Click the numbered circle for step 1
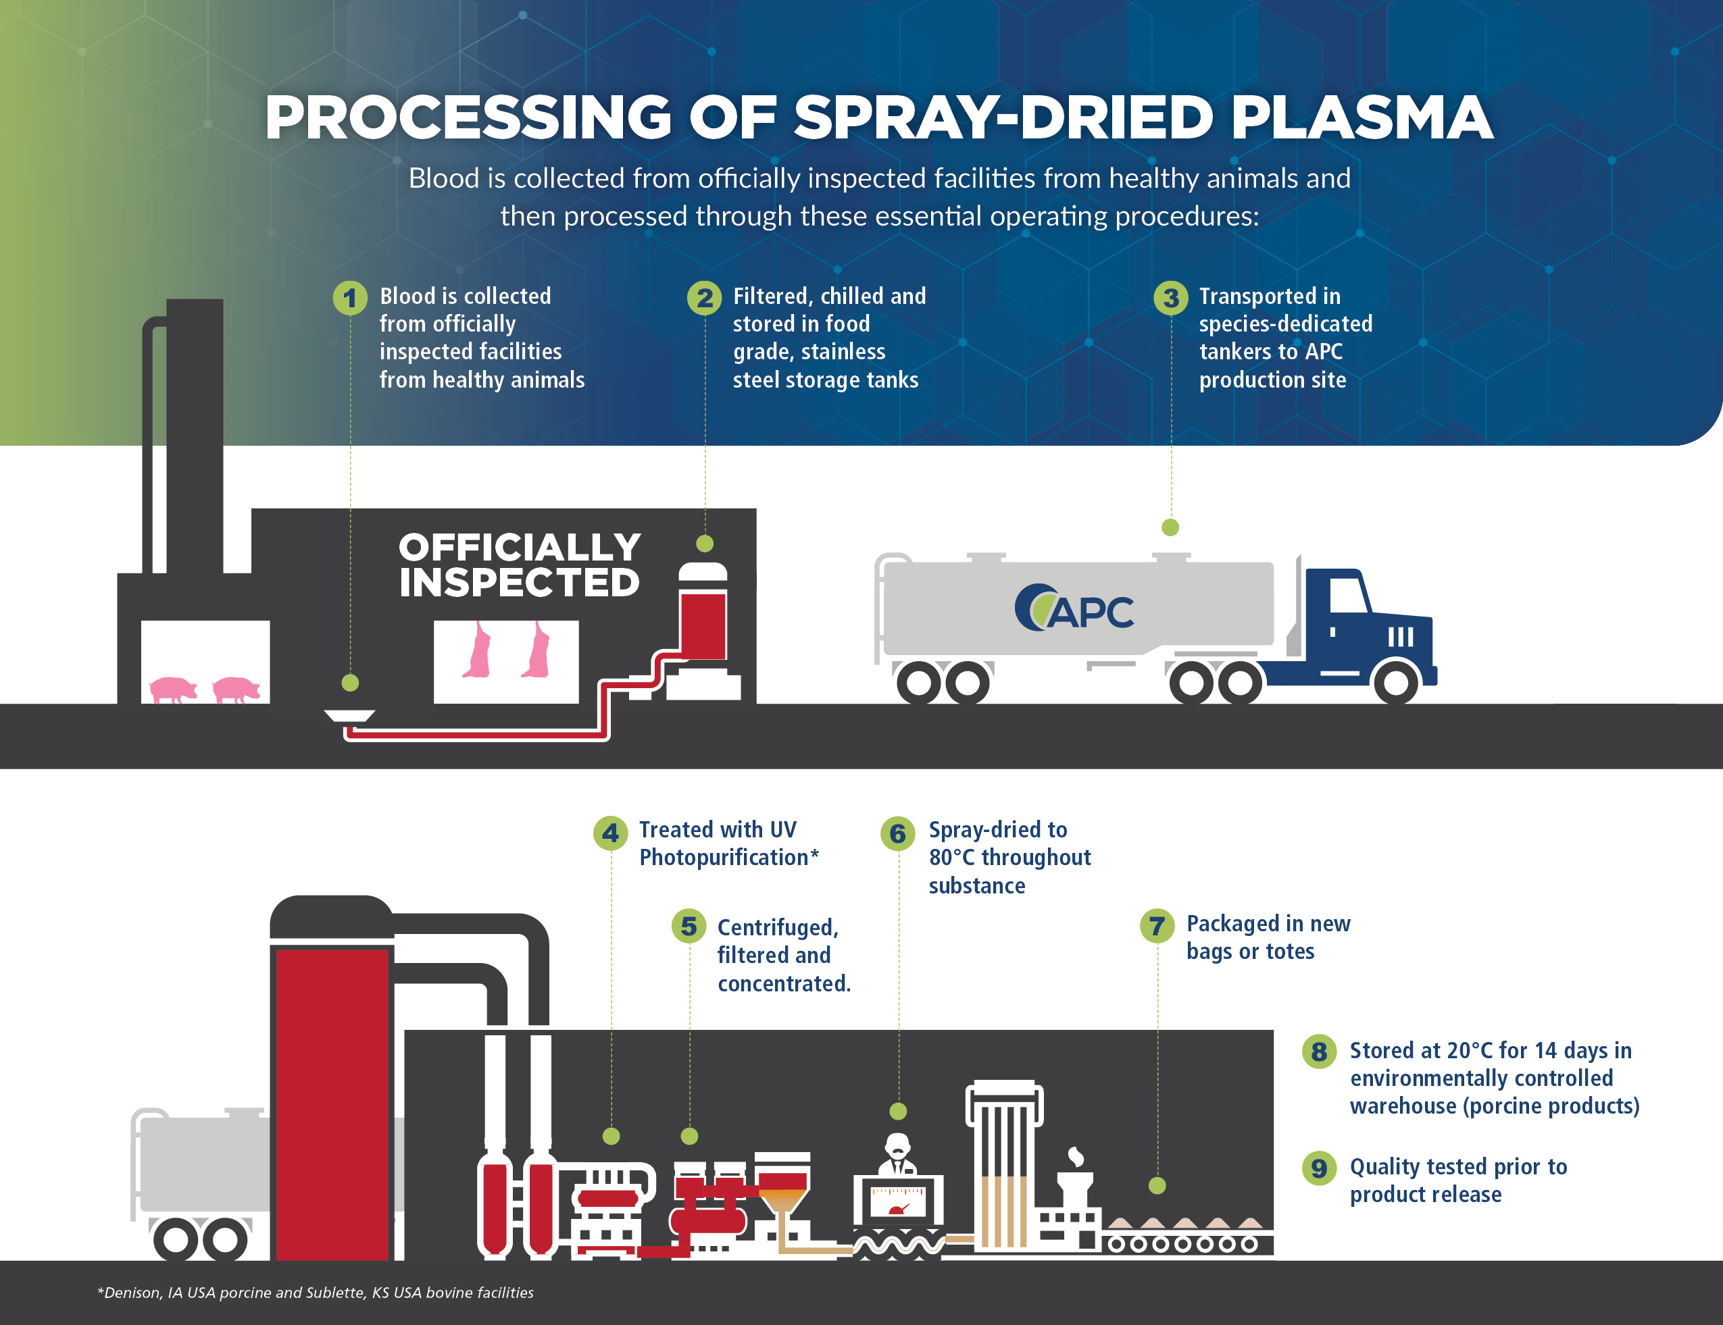point(349,298)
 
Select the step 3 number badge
point(1171,298)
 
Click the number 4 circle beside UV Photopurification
point(610,833)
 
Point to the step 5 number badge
point(689,926)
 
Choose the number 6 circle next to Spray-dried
point(898,833)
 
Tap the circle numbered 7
point(1157,925)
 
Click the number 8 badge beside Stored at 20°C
point(1319,1051)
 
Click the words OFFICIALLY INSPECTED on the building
point(519,565)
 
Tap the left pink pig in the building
point(174,689)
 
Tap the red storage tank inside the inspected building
point(703,625)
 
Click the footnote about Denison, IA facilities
point(316,1293)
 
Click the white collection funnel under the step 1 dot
point(349,716)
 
